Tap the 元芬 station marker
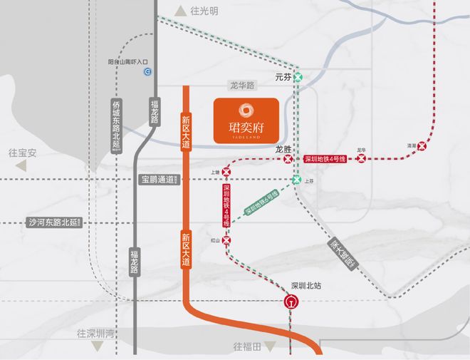pyautogui.click(x=299, y=77)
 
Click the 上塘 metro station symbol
pyautogui.click(x=226, y=172)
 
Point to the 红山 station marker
pyautogui.click(x=226, y=242)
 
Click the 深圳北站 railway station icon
pyautogui.click(x=291, y=302)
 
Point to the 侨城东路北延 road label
pyautogui.click(x=117, y=124)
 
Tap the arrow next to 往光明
pyautogui.click(x=179, y=11)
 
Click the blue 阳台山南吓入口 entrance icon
pyautogui.click(x=148, y=71)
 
